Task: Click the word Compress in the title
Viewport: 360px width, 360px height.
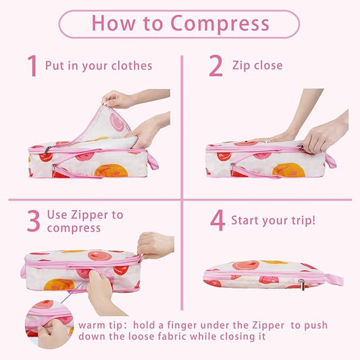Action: [220, 24]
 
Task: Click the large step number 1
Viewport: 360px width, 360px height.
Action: [32, 66]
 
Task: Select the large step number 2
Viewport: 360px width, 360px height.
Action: [215, 66]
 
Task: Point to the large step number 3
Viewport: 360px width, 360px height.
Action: [33, 221]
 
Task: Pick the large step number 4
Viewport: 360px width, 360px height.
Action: [216, 221]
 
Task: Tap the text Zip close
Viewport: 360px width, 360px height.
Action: [257, 66]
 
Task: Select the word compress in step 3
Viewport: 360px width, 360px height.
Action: [74, 228]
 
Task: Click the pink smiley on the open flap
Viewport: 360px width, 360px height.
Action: [118, 122]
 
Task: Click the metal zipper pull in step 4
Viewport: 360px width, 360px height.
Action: [302, 284]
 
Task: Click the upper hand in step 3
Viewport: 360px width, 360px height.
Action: [155, 245]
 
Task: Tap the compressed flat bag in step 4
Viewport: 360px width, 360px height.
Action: [267, 274]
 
